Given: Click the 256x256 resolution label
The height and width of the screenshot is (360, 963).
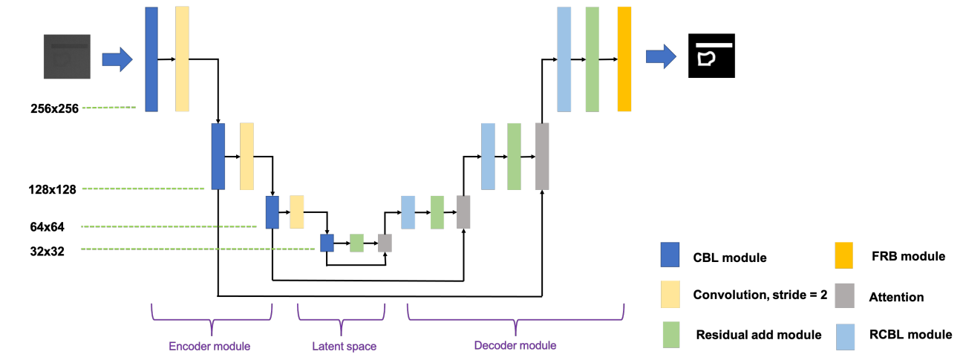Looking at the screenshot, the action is tap(55, 108).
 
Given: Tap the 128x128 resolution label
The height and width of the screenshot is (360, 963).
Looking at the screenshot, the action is tap(53, 189).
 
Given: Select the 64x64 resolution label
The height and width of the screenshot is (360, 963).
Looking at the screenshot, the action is tap(48, 227).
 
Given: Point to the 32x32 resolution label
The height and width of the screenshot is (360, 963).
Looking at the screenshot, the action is tap(48, 252).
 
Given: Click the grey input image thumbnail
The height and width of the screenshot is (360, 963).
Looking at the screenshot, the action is tap(67, 56).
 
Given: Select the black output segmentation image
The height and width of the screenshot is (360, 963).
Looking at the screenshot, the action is tap(711, 56).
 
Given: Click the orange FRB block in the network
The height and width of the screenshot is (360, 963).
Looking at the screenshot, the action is tap(624, 59).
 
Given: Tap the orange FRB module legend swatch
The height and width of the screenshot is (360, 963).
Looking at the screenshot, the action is tap(844, 255).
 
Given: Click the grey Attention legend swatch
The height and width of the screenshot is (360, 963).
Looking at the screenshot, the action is tap(844, 295).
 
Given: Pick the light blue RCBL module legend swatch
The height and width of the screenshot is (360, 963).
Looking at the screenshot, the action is tap(845, 337).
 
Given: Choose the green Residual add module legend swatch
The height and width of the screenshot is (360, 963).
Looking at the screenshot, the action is tap(671, 335).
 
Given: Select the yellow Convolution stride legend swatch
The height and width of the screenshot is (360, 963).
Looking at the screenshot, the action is tap(670, 294).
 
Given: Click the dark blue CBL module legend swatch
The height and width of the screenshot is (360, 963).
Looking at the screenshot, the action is tap(670, 255).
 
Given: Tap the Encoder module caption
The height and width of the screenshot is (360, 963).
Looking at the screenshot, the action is tap(209, 346).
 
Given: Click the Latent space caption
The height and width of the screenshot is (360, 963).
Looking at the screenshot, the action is tap(344, 346).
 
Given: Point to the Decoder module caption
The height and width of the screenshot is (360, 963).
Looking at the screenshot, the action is tap(515, 345).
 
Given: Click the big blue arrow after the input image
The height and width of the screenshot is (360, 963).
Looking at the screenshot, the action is tap(117, 59).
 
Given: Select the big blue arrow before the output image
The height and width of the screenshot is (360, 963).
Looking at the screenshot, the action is tap(662, 56).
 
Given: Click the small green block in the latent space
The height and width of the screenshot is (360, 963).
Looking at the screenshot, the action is tap(356, 243).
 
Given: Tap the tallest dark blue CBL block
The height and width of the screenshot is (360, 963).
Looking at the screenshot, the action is tap(151, 59).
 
